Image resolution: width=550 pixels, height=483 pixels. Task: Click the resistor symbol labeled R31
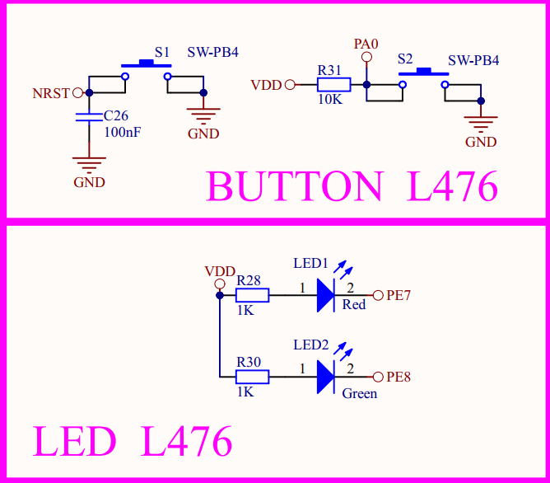tap(334, 84)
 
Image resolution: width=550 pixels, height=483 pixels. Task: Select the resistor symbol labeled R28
tap(253, 296)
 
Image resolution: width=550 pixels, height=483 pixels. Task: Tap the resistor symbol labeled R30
tap(253, 377)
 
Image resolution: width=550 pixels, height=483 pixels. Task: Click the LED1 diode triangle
tap(327, 296)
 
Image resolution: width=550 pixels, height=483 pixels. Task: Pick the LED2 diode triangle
tap(327, 377)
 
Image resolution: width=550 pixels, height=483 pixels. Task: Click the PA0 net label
tap(366, 44)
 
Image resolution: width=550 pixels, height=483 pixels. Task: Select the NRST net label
tap(51, 93)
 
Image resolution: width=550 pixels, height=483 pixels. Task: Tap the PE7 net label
tap(399, 296)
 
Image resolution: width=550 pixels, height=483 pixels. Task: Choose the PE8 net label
tap(399, 377)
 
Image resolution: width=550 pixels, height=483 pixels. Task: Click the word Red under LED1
tap(354, 305)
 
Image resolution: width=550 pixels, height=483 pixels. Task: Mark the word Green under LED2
tap(360, 393)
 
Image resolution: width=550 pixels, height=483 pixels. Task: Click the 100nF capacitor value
tap(122, 131)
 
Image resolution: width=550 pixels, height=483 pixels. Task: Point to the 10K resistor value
tap(329, 99)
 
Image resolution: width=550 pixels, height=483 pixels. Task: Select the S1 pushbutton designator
tap(162, 51)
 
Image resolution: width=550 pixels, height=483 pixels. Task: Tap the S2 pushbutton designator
tap(404, 59)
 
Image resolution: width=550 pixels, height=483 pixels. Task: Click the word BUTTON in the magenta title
tap(295, 187)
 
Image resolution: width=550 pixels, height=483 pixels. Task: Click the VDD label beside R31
tap(266, 84)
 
